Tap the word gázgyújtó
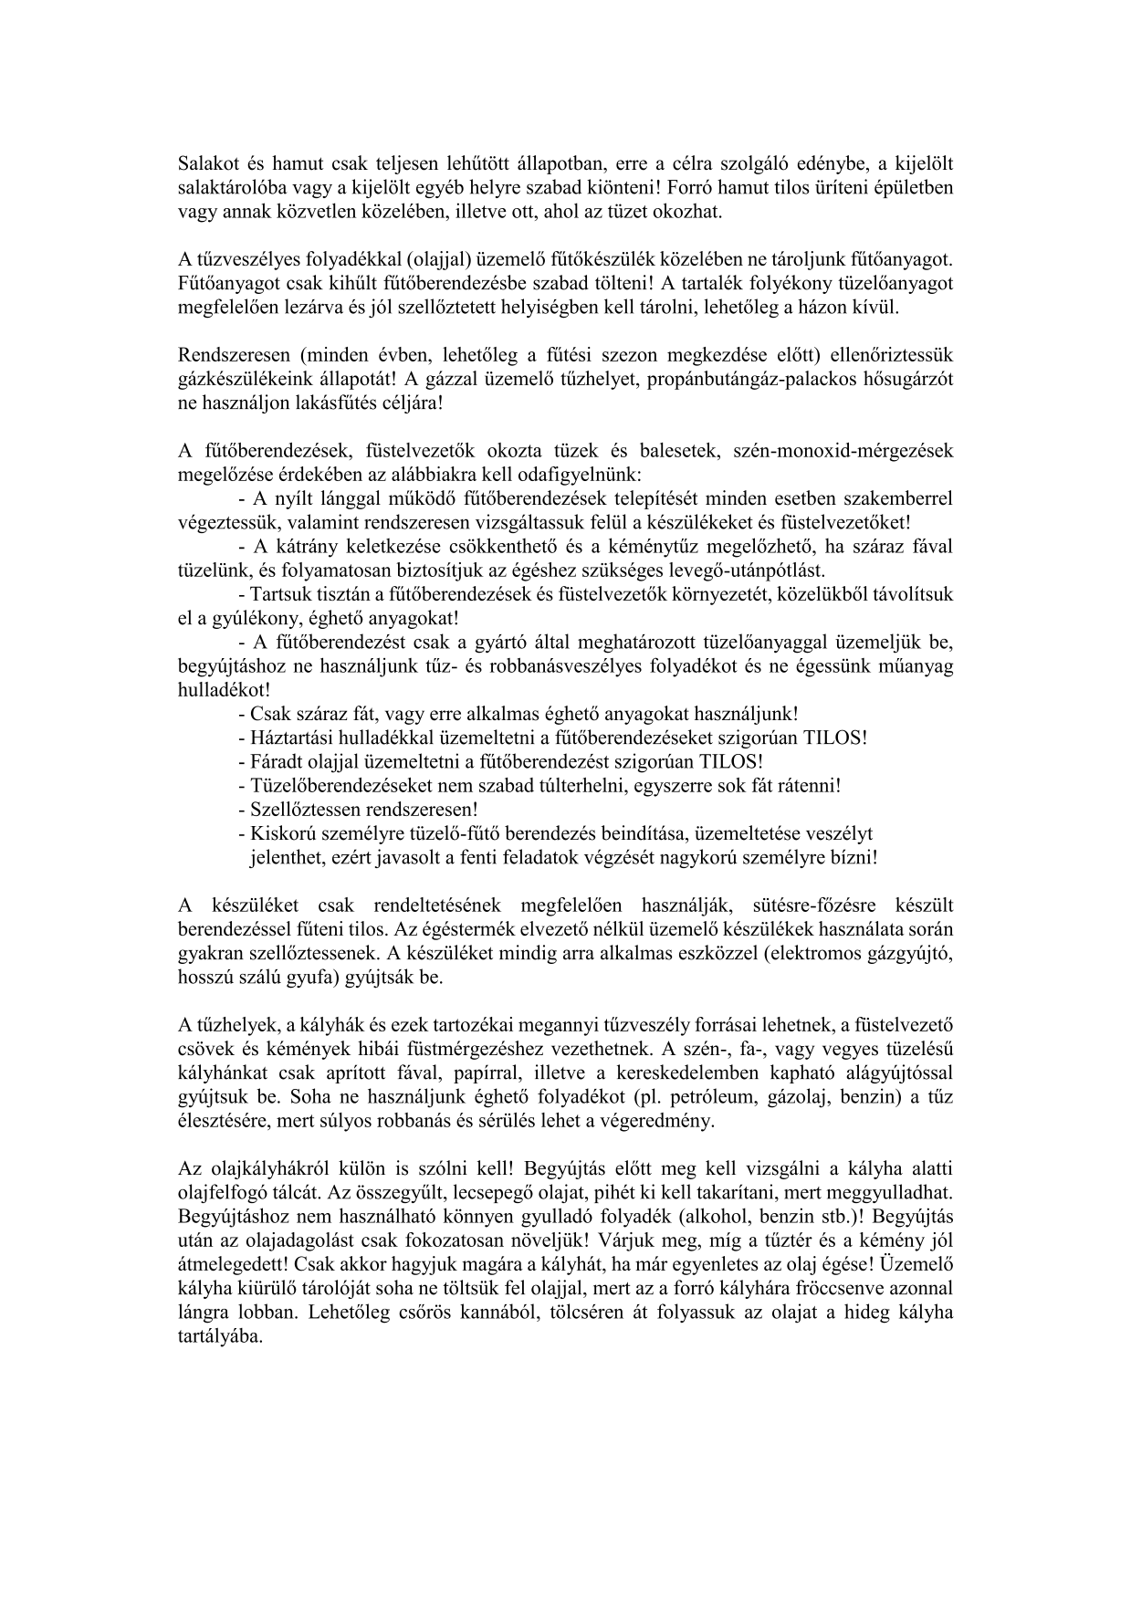pyautogui.click(x=917, y=953)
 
